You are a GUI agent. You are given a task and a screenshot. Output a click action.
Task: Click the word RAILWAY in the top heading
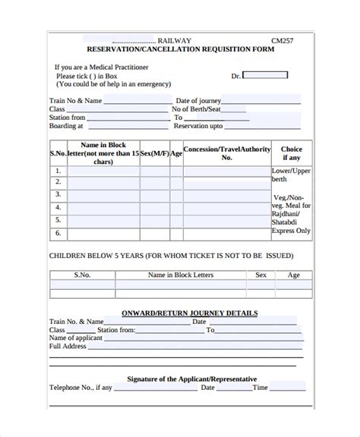coord(175,40)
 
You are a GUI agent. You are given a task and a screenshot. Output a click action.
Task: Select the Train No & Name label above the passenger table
coord(76,99)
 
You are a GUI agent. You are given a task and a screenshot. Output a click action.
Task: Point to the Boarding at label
coord(65,127)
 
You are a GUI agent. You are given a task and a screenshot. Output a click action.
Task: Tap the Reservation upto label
coord(199,127)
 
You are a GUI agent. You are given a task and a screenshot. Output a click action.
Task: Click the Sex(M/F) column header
coord(154,152)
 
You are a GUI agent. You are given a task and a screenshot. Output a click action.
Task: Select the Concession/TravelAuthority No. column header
coord(226,153)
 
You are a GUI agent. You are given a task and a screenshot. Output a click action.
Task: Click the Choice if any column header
coord(292,153)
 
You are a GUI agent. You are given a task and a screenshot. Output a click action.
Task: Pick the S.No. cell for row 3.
coord(58,195)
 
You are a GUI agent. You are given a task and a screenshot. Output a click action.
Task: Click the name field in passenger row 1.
coord(103,171)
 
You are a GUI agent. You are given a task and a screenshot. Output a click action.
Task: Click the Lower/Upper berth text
coord(292,176)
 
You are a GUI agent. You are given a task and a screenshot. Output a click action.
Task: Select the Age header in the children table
coord(293,275)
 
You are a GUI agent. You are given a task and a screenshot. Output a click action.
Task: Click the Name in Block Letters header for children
coord(181,275)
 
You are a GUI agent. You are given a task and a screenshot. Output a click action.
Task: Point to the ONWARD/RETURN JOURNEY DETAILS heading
coord(190,313)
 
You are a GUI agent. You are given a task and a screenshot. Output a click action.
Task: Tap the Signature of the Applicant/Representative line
coord(191,379)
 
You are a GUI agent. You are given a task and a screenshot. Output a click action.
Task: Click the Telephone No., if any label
coord(81,388)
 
